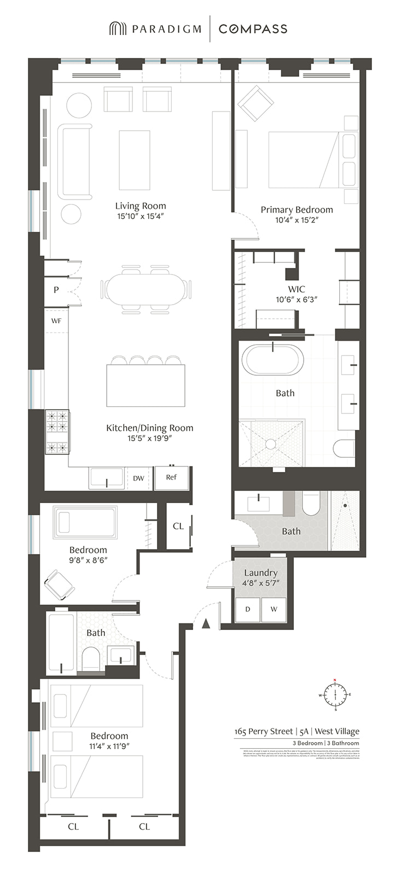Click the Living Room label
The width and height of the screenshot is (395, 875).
(x=141, y=206)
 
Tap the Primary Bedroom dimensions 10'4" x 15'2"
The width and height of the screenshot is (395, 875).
(x=297, y=220)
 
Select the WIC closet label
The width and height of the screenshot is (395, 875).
(x=297, y=289)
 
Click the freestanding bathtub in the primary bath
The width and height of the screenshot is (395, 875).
(x=272, y=360)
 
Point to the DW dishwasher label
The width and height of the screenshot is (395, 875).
(x=139, y=479)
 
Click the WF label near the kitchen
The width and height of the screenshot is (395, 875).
(x=56, y=321)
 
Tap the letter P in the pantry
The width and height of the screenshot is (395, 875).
(x=56, y=290)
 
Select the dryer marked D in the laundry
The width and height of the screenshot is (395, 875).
(x=248, y=609)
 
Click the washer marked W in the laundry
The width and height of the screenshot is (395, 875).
(x=274, y=609)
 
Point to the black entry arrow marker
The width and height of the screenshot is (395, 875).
(x=206, y=623)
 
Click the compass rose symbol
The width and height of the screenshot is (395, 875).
(x=335, y=695)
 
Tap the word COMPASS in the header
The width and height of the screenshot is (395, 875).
(x=253, y=29)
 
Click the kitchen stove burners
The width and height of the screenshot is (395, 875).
(x=57, y=432)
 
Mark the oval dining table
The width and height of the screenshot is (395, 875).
(x=146, y=288)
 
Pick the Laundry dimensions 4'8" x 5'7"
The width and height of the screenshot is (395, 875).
(x=261, y=583)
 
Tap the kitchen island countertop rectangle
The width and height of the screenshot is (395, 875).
(x=146, y=386)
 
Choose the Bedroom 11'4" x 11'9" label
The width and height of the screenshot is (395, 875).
(x=109, y=736)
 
